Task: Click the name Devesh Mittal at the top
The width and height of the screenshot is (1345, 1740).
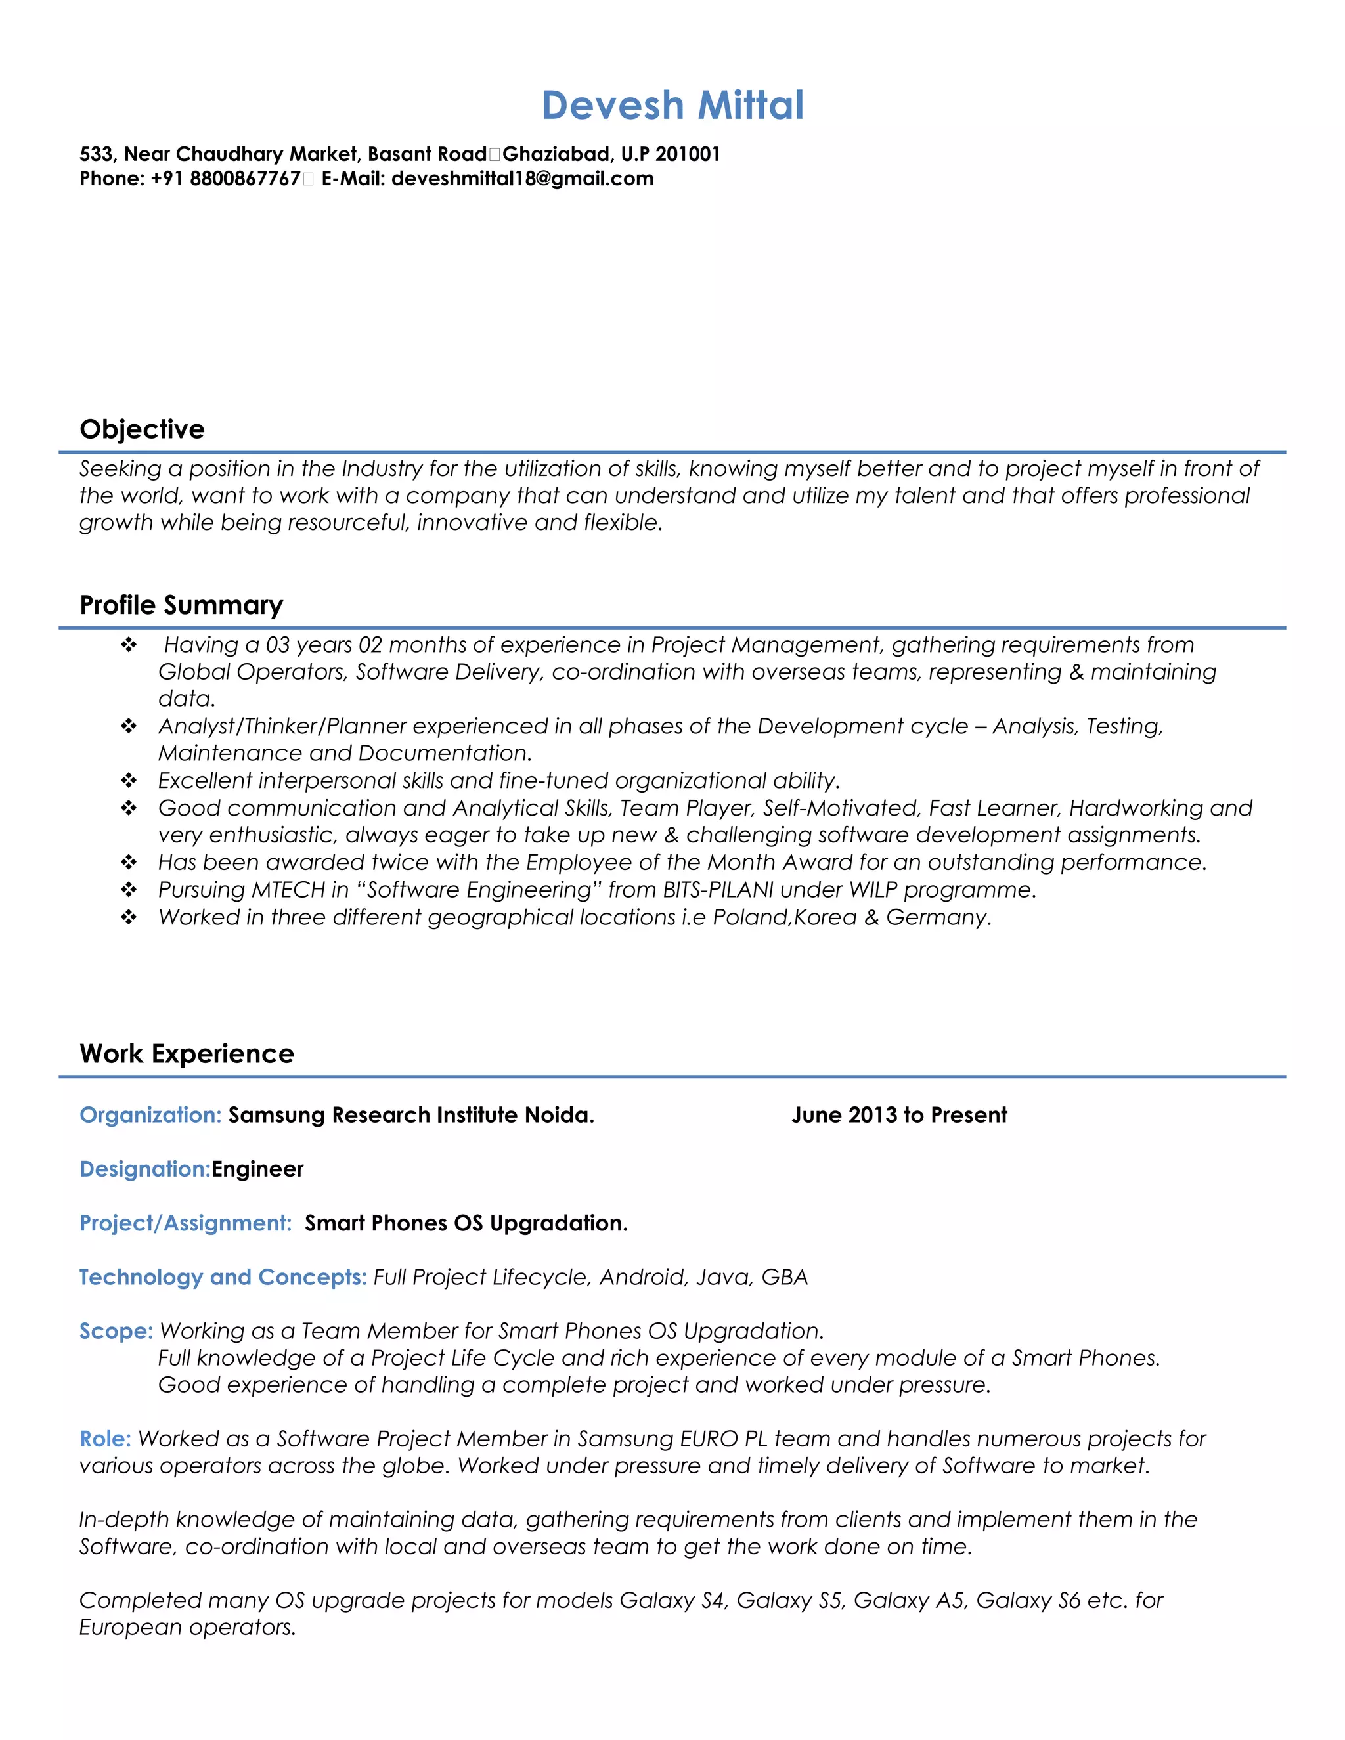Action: tap(672, 105)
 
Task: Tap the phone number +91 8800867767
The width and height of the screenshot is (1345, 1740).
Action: tap(225, 179)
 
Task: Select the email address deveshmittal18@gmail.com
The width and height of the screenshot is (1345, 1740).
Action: tap(522, 179)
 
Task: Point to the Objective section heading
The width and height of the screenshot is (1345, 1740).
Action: tap(142, 429)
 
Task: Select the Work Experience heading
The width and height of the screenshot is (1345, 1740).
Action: tap(187, 1053)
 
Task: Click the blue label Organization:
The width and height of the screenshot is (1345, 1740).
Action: tap(150, 1115)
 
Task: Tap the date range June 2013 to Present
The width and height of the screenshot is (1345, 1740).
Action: tap(899, 1115)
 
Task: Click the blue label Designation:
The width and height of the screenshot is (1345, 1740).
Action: tap(144, 1169)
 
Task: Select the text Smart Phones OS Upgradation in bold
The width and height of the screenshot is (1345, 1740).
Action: tap(466, 1223)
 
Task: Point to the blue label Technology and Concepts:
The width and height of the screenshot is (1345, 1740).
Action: tap(223, 1277)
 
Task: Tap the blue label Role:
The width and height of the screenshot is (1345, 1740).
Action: tap(104, 1439)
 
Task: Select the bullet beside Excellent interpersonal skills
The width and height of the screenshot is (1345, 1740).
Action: tap(128, 780)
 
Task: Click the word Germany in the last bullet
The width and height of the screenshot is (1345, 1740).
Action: tap(937, 917)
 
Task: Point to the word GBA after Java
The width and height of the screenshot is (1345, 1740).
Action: tap(784, 1277)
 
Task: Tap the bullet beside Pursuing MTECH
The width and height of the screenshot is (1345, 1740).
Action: tap(128, 889)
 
